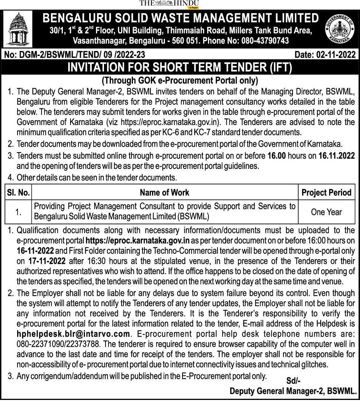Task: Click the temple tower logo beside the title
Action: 18,29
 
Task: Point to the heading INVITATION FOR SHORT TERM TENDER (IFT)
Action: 179,67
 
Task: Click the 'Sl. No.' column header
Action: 18,193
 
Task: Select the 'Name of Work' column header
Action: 165,193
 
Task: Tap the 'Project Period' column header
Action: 326,193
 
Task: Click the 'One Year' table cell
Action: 326,212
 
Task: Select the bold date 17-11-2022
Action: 46,261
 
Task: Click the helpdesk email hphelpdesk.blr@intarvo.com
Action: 74,334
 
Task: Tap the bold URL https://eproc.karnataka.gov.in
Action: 138,241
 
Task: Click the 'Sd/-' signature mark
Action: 293,380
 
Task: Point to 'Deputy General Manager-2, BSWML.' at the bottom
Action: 293,391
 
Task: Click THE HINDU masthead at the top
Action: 169,4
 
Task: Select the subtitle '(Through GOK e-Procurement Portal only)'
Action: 179,80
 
